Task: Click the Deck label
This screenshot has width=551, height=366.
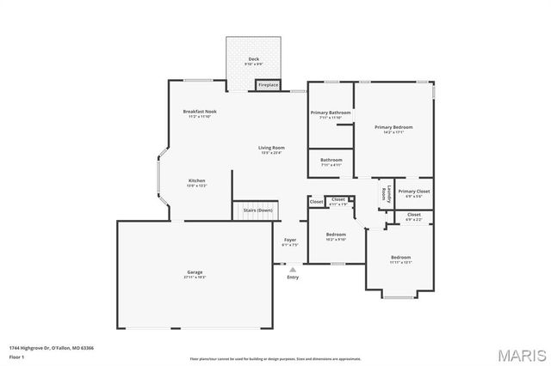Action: click(x=252, y=60)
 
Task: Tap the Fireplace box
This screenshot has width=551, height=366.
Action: click(x=268, y=85)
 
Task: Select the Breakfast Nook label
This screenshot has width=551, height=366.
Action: click(x=200, y=112)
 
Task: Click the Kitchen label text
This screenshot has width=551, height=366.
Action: click(x=197, y=181)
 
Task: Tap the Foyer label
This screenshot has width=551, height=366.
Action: click(x=290, y=241)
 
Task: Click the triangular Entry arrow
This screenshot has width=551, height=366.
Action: click(x=293, y=269)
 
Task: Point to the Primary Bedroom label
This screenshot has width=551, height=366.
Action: click(x=394, y=127)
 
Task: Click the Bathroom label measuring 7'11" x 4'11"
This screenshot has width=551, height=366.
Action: click(x=331, y=160)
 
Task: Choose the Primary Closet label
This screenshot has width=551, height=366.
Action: click(x=413, y=192)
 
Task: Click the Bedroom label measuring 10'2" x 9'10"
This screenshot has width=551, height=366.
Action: click(x=336, y=235)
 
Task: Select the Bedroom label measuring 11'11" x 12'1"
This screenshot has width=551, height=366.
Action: click(x=400, y=258)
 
